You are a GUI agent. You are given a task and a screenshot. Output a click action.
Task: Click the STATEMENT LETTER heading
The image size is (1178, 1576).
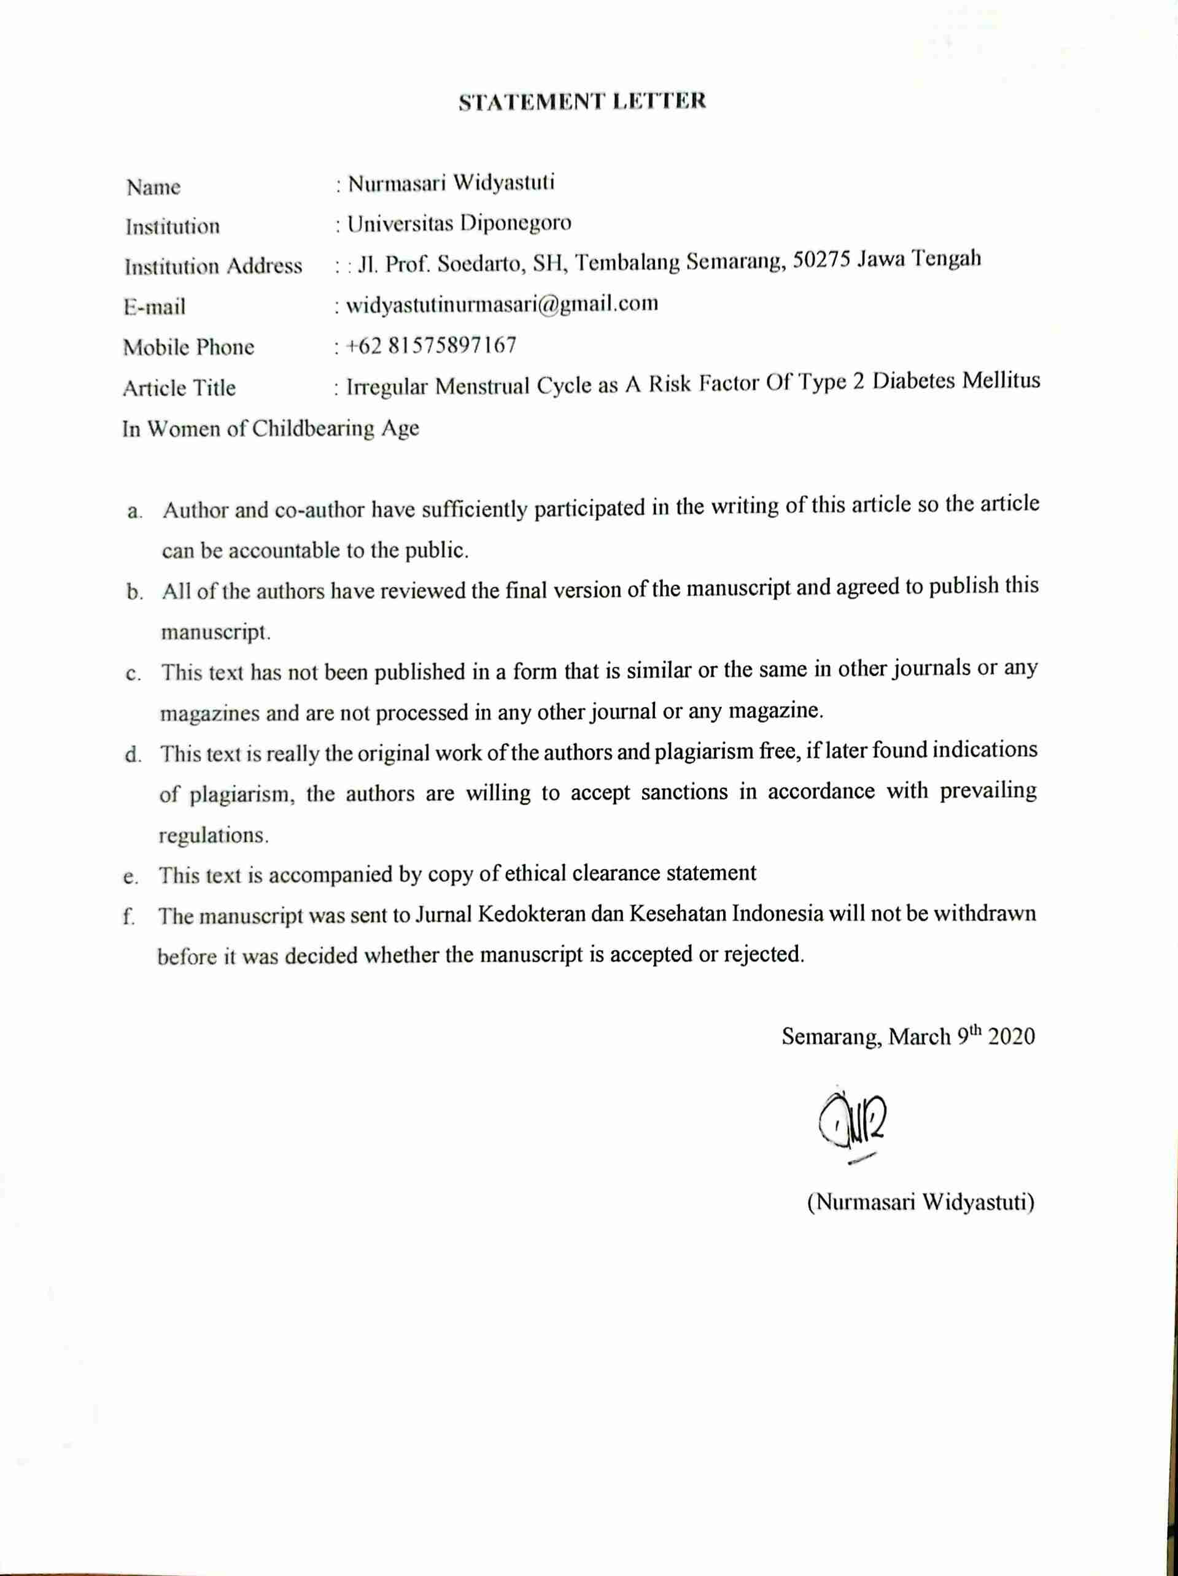point(582,101)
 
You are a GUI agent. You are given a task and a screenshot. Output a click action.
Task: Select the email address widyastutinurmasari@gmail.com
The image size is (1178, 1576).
point(502,305)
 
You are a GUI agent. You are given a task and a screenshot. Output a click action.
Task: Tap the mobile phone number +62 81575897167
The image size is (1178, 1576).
point(431,346)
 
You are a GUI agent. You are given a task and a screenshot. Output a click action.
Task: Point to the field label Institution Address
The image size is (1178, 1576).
point(213,266)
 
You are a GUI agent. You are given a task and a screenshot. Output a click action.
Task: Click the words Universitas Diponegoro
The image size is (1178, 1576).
point(460,224)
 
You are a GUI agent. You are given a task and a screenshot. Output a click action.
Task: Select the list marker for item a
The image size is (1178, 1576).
point(133,512)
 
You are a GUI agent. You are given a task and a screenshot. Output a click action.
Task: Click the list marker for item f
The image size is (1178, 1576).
point(129,916)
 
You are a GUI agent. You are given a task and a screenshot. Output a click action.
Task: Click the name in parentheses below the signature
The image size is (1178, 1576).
point(921,1202)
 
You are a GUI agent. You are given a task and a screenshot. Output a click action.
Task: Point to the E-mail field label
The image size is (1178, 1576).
point(154,307)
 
